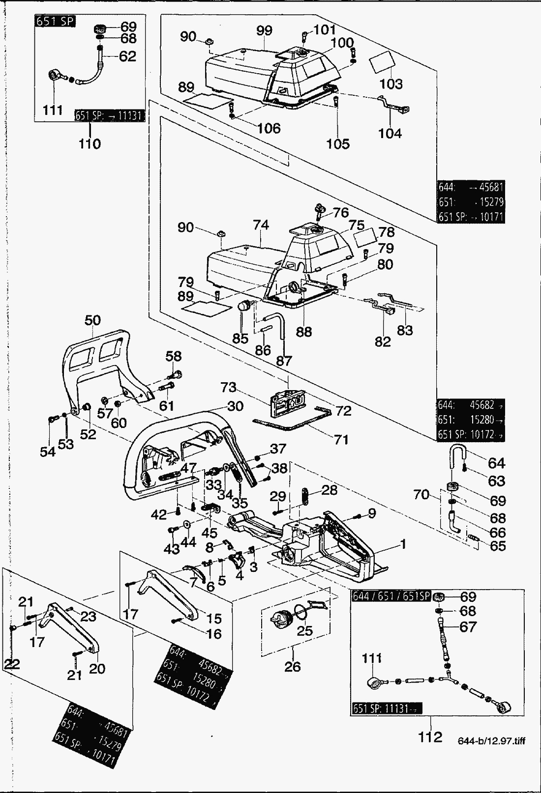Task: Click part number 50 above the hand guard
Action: click(92, 320)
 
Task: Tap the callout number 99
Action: click(264, 30)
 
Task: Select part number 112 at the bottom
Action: click(430, 737)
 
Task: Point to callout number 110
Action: click(90, 143)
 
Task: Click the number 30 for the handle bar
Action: click(236, 406)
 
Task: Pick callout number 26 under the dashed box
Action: click(292, 667)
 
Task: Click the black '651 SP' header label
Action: click(55, 22)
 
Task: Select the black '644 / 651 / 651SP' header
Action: click(391, 596)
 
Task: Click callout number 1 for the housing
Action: click(403, 544)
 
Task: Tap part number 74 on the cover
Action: click(261, 225)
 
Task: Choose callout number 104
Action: click(390, 133)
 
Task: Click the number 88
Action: click(304, 332)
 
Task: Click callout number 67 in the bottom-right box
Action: click(468, 627)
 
